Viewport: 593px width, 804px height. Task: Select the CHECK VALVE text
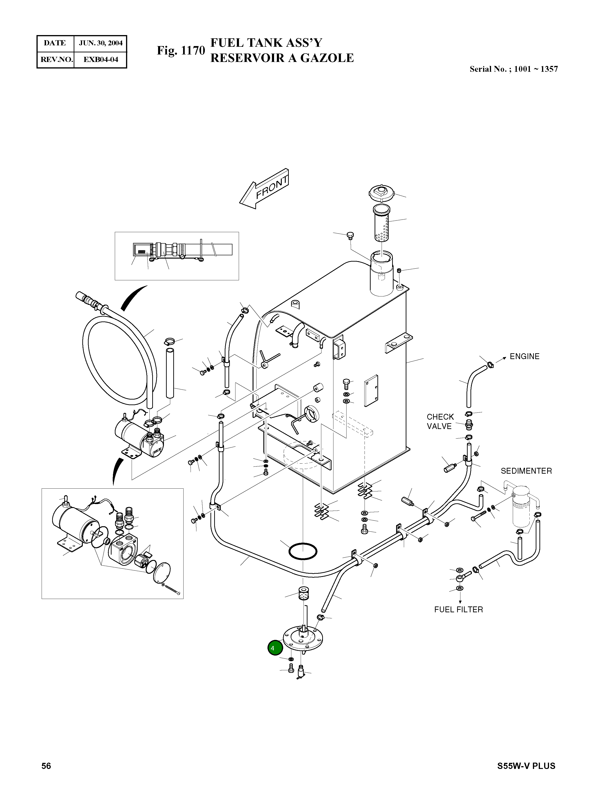pyautogui.click(x=440, y=421)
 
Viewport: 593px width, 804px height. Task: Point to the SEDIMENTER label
pyautogui.click(x=526, y=471)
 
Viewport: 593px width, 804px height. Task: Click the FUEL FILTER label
pyautogui.click(x=458, y=609)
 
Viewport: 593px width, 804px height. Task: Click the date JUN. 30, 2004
pyautogui.click(x=101, y=43)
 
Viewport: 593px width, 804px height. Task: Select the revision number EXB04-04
pyautogui.click(x=101, y=60)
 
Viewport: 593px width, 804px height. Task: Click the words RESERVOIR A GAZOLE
pyautogui.click(x=282, y=58)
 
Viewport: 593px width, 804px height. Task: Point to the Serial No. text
pyautogui.click(x=513, y=69)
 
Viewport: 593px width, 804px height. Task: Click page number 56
pyautogui.click(x=46, y=776)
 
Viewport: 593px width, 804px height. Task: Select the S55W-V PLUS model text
pyautogui.click(x=526, y=776)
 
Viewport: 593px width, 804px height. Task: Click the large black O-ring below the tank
pyautogui.click(x=303, y=551)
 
